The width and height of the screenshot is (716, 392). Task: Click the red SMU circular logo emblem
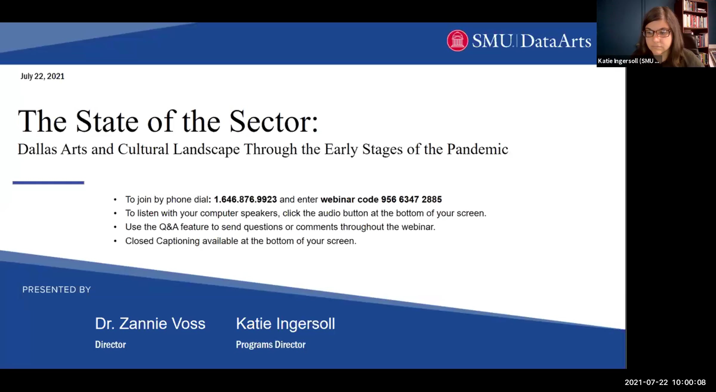[457, 41]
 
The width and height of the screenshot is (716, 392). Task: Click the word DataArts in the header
[556, 41]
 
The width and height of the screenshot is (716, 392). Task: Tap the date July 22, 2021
[42, 76]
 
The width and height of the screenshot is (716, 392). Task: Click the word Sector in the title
[274, 121]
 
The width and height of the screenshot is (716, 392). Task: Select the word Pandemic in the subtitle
[477, 149]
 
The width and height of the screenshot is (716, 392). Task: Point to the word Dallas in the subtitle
[37, 149]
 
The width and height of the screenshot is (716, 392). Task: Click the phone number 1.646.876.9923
[245, 199]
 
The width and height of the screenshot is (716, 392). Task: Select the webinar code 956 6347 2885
[411, 199]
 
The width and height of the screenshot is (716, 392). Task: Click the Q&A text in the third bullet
[169, 227]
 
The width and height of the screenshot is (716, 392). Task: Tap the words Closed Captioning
[162, 241]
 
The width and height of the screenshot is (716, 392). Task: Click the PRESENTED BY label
[57, 290]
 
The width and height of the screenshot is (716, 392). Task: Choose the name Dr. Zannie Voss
[150, 324]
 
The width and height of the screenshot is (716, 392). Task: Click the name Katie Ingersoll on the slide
[286, 324]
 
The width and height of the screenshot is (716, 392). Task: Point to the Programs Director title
[271, 345]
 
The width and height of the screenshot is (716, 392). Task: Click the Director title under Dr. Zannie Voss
[110, 345]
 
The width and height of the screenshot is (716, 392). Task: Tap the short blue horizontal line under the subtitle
[48, 183]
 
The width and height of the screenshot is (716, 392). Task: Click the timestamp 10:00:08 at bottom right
[689, 382]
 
